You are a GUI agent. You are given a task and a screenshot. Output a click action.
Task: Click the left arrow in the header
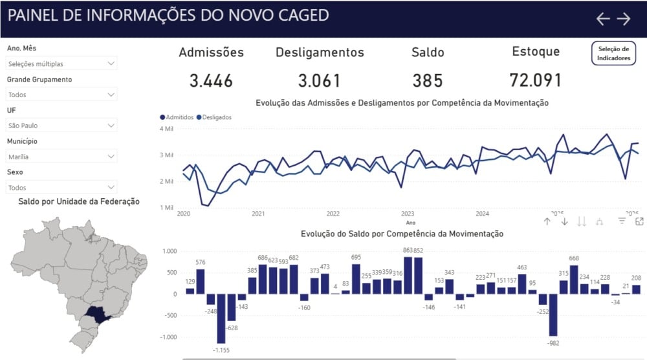click(x=603, y=19)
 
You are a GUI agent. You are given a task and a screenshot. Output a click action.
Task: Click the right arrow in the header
click(x=624, y=19)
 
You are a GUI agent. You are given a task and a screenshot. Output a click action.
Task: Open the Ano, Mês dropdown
click(x=61, y=63)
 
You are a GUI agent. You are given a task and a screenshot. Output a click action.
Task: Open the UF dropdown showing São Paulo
click(x=61, y=125)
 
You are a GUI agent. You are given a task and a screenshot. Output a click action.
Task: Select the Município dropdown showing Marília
click(x=61, y=156)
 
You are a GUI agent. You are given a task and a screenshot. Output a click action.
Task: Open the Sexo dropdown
click(x=61, y=187)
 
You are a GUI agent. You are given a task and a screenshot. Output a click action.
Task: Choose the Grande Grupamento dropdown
click(x=61, y=95)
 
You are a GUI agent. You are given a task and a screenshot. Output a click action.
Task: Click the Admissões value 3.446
click(x=211, y=81)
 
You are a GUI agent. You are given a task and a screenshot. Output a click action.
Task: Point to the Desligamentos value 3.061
click(x=320, y=81)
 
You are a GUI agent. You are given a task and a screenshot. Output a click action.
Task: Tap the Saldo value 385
click(x=428, y=81)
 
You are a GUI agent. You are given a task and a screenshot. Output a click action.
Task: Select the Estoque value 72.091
click(x=535, y=80)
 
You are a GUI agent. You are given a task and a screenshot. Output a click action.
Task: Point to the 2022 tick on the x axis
click(x=333, y=214)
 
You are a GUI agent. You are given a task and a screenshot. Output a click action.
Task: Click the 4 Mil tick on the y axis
click(x=166, y=129)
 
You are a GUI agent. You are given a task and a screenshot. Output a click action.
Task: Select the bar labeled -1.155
click(x=221, y=319)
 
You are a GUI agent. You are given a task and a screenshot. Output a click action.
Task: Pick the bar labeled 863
click(x=408, y=276)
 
